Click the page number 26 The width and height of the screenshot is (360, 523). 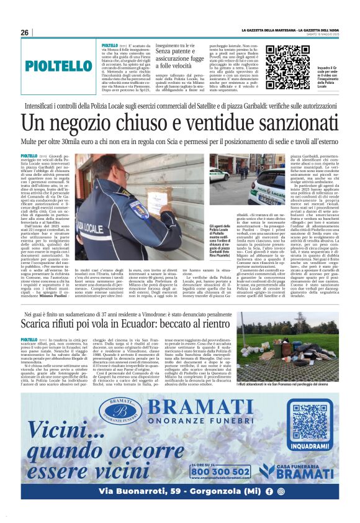25,32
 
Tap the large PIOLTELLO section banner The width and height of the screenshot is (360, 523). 59,65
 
